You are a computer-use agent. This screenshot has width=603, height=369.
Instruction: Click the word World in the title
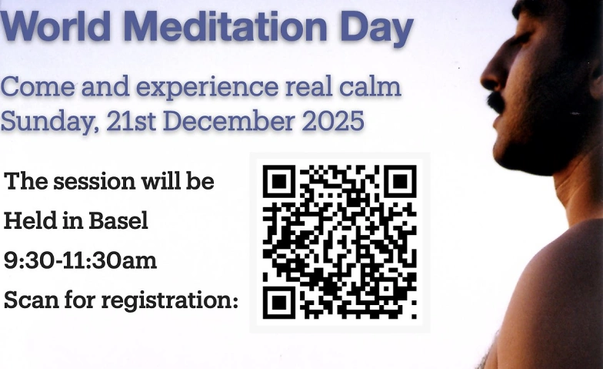[55, 26]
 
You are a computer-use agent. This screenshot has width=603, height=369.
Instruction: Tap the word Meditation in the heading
[225, 26]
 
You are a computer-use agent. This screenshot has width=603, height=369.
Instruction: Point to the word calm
[370, 86]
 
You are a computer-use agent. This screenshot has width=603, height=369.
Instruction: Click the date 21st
[131, 120]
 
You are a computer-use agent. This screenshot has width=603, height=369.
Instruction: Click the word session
[94, 182]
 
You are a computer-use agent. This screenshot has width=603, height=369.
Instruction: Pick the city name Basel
[118, 220]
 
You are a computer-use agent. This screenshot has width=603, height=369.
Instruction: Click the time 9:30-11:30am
[80, 260]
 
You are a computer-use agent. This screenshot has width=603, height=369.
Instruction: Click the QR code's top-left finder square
[278, 181]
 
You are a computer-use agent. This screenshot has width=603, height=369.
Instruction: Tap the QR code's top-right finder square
[400, 181]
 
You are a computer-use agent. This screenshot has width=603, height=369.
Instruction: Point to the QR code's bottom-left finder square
[278, 302]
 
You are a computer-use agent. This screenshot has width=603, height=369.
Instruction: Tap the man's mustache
[496, 101]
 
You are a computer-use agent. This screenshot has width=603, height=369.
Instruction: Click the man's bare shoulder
[561, 277]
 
